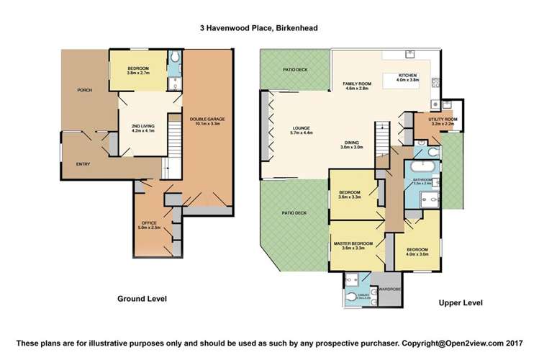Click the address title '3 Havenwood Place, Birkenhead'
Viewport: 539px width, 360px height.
(269, 28)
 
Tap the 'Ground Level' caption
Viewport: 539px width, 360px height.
(142, 297)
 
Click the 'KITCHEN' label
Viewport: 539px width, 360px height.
(409, 75)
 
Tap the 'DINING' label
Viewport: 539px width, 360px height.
(353, 143)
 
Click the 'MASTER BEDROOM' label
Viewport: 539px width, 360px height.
(353, 244)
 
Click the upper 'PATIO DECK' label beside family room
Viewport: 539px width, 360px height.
(290, 69)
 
